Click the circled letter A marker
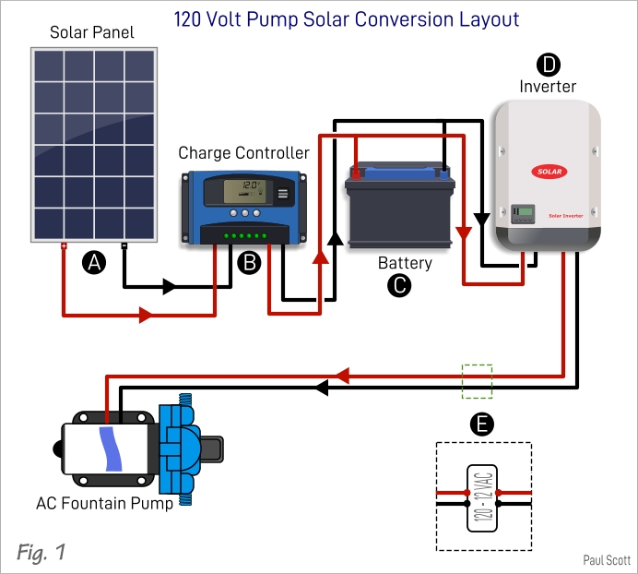(94, 262)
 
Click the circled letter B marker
(249, 262)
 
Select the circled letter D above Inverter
(548, 64)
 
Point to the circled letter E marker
(481, 424)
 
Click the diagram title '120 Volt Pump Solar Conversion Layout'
(347, 18)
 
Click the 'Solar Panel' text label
(91, 33)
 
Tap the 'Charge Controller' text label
(243, 152)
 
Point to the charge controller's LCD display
(245, 191)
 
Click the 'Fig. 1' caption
(41, 552)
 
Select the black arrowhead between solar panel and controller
(170, 287)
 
